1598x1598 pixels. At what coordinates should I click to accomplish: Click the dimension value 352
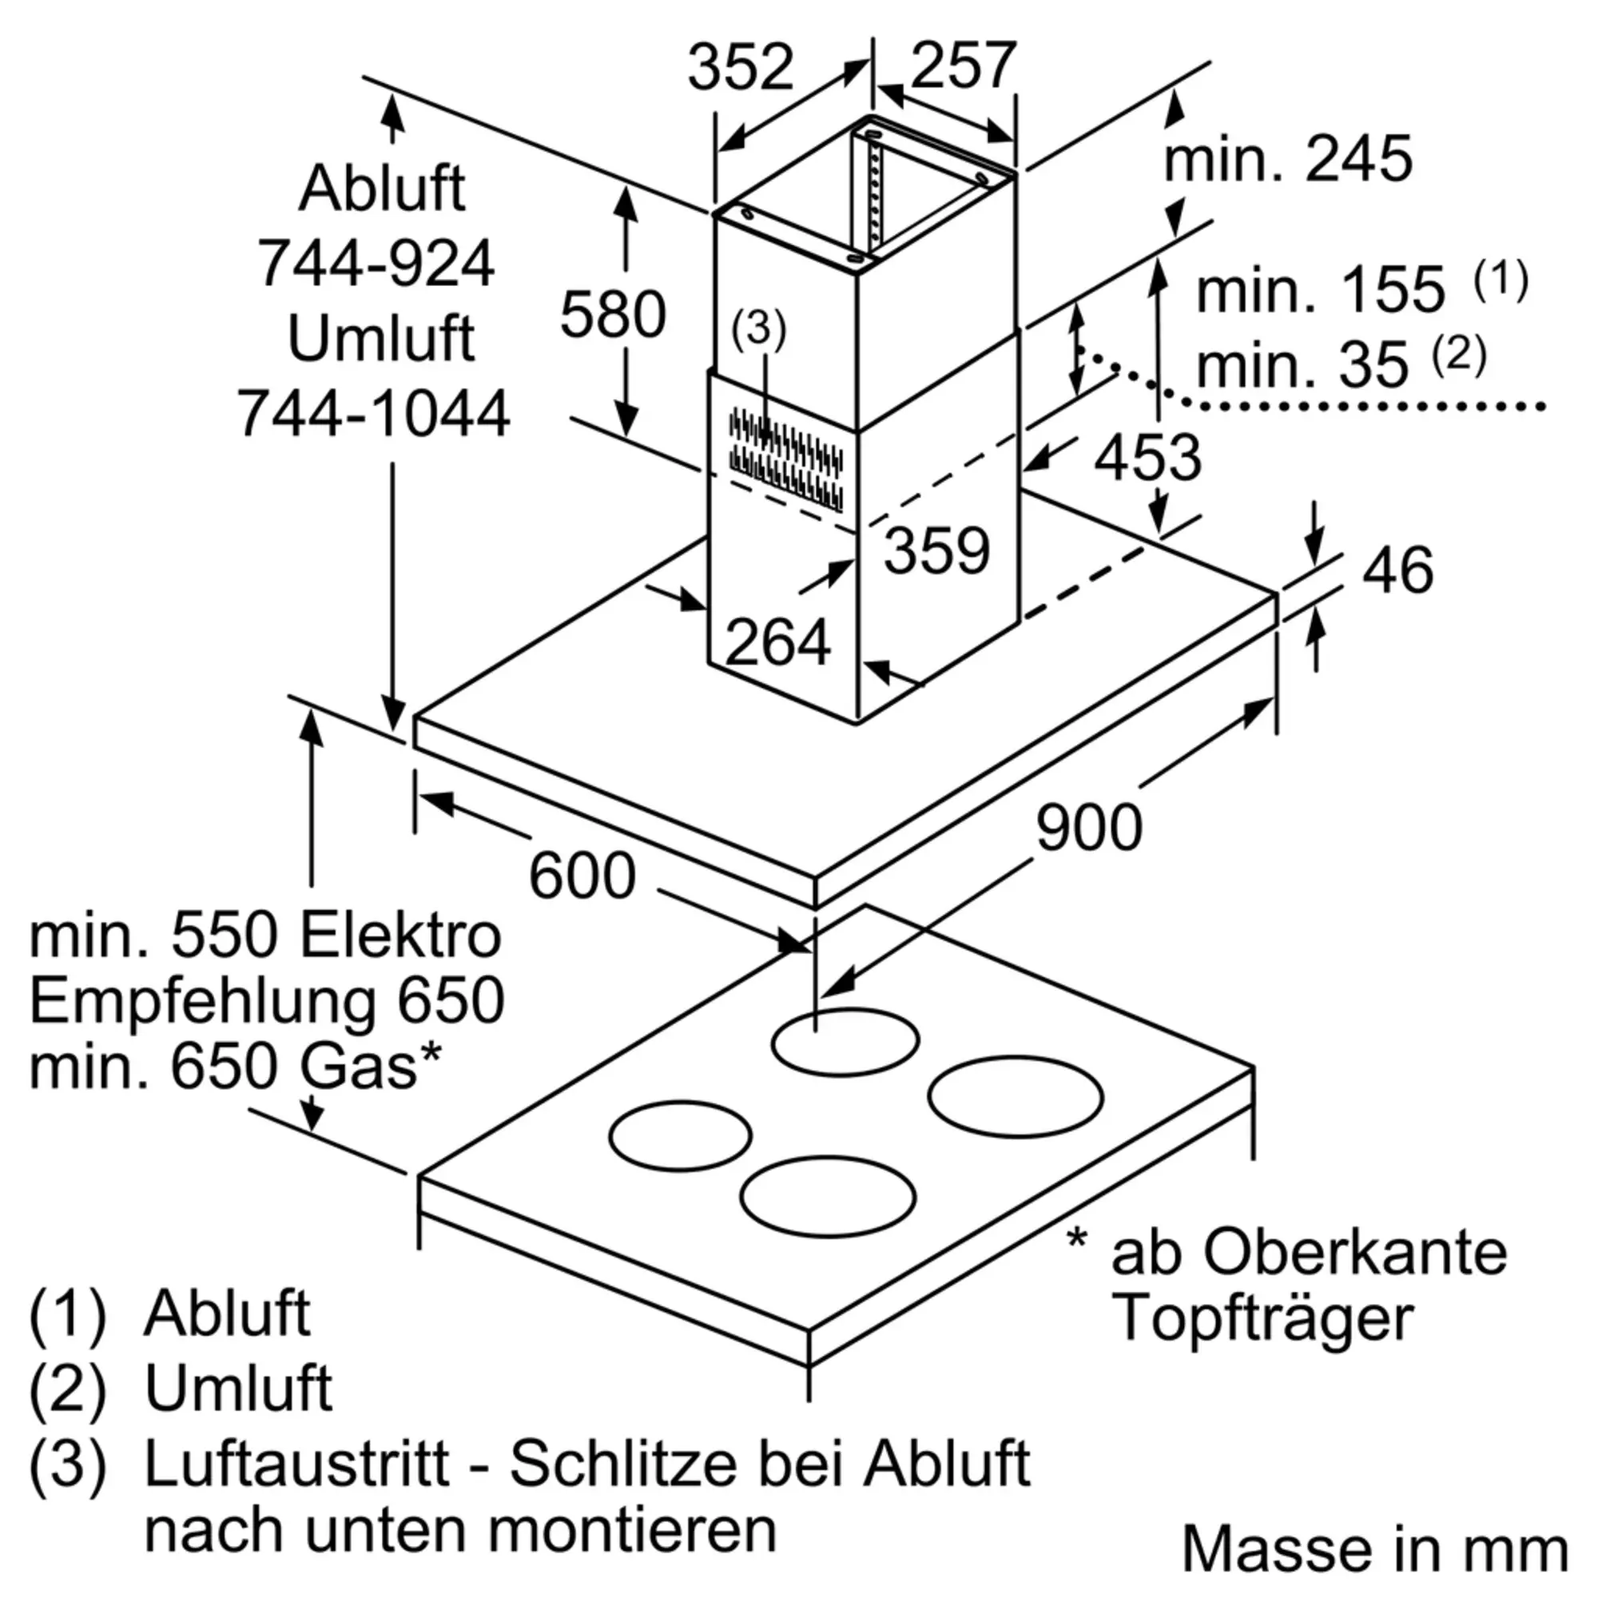(x=741, y=68)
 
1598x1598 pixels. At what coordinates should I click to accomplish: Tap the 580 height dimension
(x=613, y=314)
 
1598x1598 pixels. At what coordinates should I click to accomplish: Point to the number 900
(x=1088, y=828)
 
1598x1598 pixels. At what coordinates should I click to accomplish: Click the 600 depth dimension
(x=582, y=876)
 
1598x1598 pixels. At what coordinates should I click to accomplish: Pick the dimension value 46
(x=1397, y=570)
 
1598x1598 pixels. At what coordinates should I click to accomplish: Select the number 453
(x=1147, y=457)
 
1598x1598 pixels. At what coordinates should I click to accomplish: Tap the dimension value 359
(x=936, y=550)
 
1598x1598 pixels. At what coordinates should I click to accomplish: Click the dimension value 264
(x=777, y=642)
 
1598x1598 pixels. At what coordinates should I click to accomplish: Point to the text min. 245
(x=1288, y=159)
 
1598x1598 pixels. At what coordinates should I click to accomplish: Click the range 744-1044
(x=374, y=414)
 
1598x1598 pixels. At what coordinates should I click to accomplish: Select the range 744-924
(x=376, y=264)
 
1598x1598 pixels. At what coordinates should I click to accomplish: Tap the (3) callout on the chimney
(x=758, y=328)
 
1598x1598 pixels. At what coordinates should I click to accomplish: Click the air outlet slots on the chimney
(x=785, y=459)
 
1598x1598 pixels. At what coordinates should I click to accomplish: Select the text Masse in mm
(x=1374, y=1548)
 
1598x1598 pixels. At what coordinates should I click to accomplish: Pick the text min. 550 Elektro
(x=264, y=936)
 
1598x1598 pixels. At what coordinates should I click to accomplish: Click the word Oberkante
(x=1354, y=1252)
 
